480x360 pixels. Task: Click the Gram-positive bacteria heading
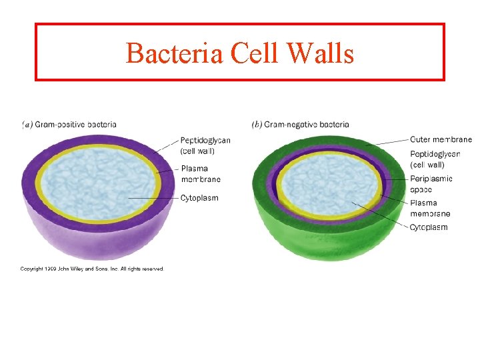pos(75,124)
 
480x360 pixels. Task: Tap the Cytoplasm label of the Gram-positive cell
pos(199,198)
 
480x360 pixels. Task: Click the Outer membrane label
pos(441,139)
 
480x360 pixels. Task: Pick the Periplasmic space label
pos(431,184)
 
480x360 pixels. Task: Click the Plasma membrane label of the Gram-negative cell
pos(430,208)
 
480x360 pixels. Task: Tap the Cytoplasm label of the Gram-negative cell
pos(428,227)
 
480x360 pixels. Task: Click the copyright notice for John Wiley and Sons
pos(91,269)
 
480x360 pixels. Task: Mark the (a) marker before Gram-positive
pos(27,124)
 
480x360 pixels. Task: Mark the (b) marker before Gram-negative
pos(257,124)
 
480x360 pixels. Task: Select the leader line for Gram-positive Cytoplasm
pos(153,198)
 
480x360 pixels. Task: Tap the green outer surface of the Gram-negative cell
pos(327,237)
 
